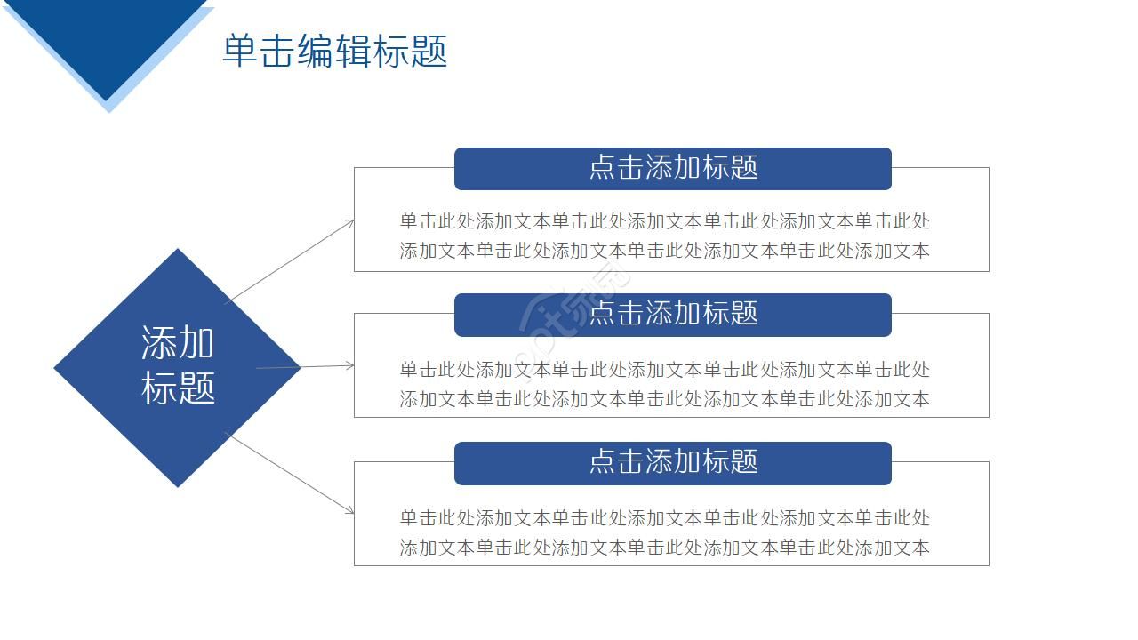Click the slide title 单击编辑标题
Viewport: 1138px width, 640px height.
pos(334,52)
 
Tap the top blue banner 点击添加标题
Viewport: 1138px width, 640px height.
pos(672,168)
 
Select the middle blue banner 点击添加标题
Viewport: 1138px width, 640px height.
pos(672,314)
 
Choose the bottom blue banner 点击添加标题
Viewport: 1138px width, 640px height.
pos(672,462)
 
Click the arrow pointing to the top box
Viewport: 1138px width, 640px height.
pos(290,261)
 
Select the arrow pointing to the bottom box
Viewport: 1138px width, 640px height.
pos(290,473)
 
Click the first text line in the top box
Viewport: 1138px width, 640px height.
pos(664,221)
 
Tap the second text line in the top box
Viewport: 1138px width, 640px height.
pos(664,251)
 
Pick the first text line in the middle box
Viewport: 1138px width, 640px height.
pos(664,369)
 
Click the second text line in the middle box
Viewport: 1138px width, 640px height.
pos(664,399)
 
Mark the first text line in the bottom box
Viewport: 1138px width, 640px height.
pos(664,517)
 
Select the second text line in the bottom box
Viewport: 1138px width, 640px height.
pos(664,548)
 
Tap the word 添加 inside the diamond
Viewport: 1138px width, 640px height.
pos(178,342)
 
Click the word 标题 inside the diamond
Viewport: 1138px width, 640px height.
pos(178,388)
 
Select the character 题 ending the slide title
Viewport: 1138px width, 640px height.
pos(429,52)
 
